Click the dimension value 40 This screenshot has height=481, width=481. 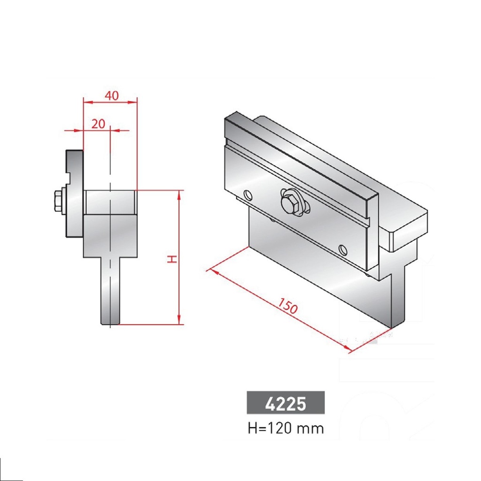coord(111,95)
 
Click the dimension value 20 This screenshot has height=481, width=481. coord(98,124)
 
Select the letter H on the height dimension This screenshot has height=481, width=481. coord(172,258)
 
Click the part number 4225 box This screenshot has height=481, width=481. coord(286,403)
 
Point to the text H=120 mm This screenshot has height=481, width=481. coord(286,428)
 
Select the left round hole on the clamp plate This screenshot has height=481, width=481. coord(248,194)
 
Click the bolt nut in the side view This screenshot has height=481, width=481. coord(58,201)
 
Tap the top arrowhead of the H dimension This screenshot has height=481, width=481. coord(179,194)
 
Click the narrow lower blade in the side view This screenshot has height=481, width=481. coord(111,291)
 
